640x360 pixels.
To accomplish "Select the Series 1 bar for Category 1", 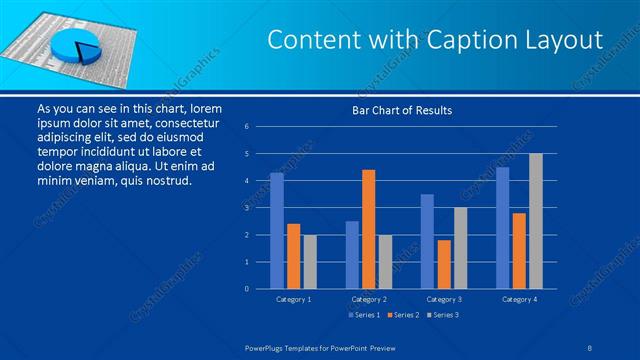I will (277, 231).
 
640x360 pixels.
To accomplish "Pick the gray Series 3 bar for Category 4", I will (536, 221).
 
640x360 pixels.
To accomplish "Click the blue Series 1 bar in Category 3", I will (427, 241).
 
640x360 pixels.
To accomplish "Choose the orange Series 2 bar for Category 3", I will (444, 264).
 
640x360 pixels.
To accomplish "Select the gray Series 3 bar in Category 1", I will (310, 261).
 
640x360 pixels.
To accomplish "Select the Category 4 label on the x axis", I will (519, 299).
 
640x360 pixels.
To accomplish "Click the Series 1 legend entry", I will (363, 315).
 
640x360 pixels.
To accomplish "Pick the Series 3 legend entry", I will (443, 315).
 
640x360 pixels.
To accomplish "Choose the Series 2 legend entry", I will (403, 315).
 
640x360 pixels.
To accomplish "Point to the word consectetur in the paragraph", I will (183, 121).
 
